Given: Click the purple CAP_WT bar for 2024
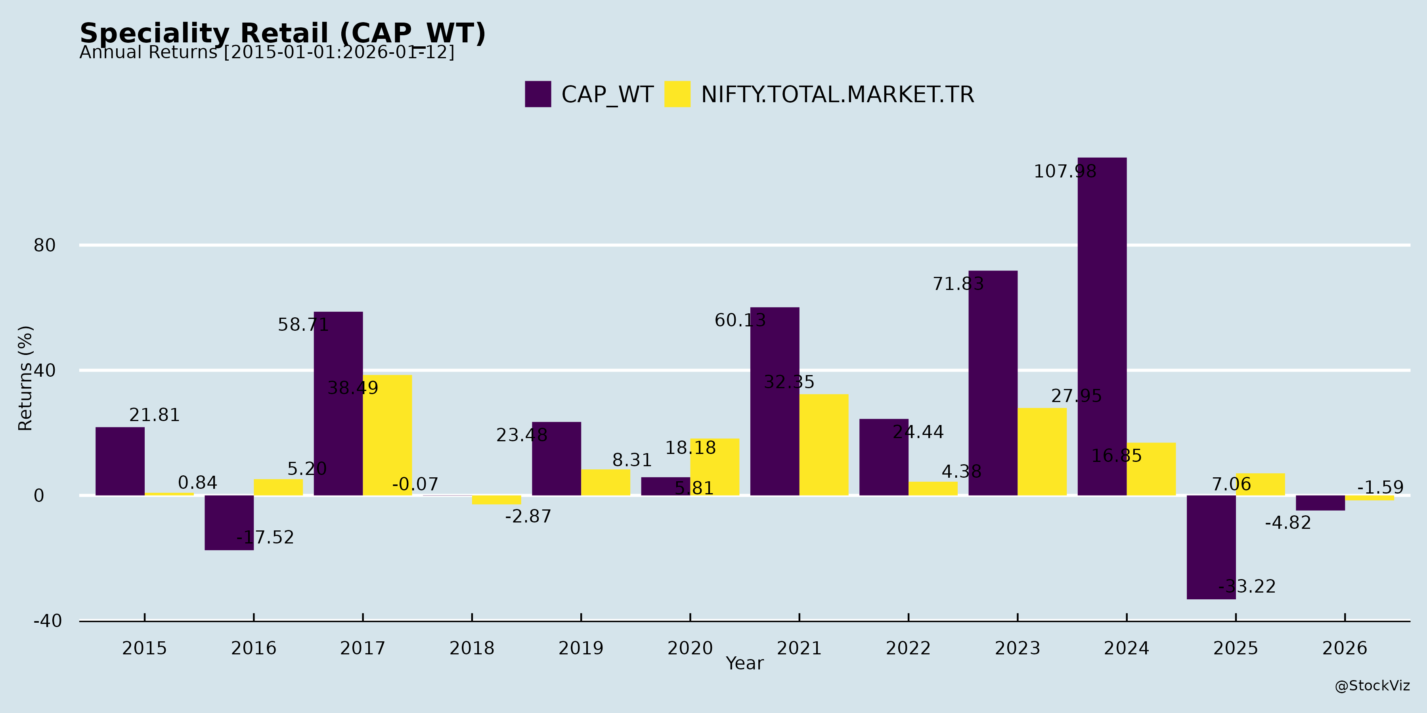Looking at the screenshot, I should point(1102,327).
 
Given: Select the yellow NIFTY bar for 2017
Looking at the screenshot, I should point(387,435).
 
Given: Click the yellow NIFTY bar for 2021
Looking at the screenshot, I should point(824,444).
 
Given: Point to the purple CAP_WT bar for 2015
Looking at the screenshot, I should point(120,461).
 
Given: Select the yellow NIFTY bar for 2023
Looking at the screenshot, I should point(1042,452).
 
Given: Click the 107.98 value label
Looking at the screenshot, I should point(1065,172).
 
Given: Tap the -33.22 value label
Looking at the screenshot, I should point(1246,586).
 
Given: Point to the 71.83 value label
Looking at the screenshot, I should point(958,284).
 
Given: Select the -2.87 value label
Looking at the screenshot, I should point(528,517).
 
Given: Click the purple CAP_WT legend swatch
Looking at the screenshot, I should point(538,94).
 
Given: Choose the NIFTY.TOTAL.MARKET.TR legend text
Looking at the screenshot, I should point(837,95).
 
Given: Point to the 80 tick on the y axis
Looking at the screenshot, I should point(44,245).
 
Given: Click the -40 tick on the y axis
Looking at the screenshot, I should point(48,621).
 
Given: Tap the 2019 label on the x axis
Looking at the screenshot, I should point(581,648).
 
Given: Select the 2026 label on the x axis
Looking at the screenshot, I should point(1345,648).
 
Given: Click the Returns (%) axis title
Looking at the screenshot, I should point(25,378).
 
